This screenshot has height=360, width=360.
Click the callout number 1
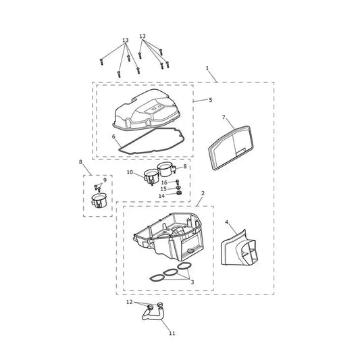pyautogui.click(x=207, y=68)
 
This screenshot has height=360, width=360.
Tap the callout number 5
pyautogui.click(x=211, y=100)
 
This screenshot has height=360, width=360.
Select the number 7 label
pyautogui.click(x=224, y=118)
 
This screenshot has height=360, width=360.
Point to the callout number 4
pyautogui.click(x=227, y=222)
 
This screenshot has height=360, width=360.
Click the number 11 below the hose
pyautogui.click(x=172, y=333)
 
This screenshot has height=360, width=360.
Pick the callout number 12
pyautogui.click(x=130, y=302)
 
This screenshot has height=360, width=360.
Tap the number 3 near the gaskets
pyautogui.click(x=192, y=282)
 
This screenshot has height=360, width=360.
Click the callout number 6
pyautogui.click(x=113, y=136)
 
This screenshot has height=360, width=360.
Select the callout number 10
pyautogui.click(x=130, y=172)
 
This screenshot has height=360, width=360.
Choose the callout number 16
pyautogui.click(x=164, y=182)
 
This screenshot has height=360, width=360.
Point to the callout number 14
pyautogui.click(x=161, y=196)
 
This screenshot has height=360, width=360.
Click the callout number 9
pyautogui.click(x=105, y=180)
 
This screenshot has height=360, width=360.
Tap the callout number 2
pyautogui.click(x=203, y=193)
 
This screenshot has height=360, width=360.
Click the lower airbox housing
pyautogui.click(x=169, y=236)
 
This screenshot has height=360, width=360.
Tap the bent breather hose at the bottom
pyautogui.click(x=153, y=316)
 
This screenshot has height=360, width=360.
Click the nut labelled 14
pyautogui.click(x=179, y=193)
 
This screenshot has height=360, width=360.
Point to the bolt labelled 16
pyautogui.click(x=177, y=182)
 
